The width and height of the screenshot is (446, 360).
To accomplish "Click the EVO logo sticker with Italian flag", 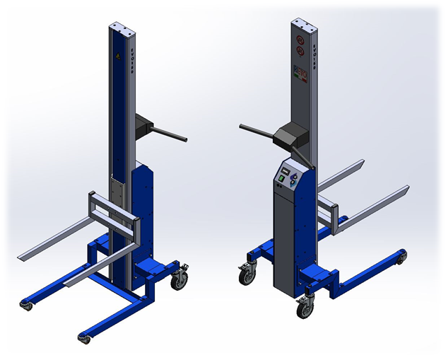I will (x=301, y=73).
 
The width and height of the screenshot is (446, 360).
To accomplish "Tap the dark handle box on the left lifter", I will (x=147, y=127).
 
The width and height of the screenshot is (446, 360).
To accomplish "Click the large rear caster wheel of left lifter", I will (x=180, y=281).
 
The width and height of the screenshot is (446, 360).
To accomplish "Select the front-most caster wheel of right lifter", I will (x=305, y=308).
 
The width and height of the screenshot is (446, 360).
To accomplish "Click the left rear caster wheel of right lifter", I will (x=247, y=276).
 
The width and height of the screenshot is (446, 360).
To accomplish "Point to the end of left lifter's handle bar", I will (x=184, y=137).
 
